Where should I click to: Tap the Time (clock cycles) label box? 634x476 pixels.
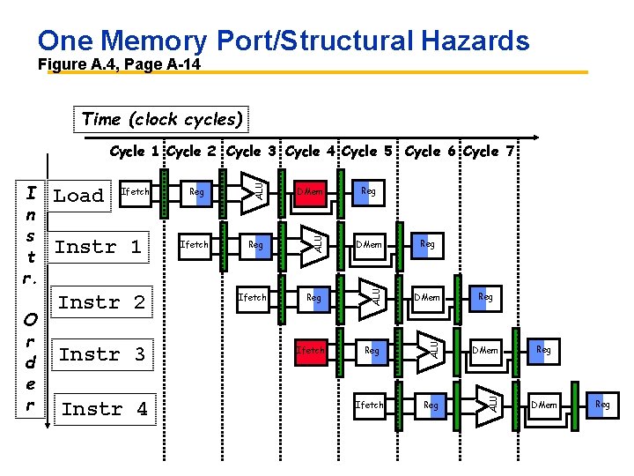click(x=161, y=119)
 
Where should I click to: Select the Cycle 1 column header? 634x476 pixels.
click(x=136, y=152)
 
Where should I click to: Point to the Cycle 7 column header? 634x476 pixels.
click(x=493, y=152)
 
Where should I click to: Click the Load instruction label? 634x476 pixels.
click(x=78, y=196)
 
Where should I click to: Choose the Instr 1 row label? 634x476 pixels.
click(x=98, y=247)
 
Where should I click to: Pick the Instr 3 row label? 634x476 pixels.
click(x=101, y=354)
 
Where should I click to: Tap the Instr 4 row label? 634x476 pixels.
click(x=104, y=409)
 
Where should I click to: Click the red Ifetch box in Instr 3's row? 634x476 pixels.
click(x=311, y=350)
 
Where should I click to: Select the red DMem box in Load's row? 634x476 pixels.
click(x=311, y=191)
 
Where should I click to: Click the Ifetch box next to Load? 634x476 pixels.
click(x=135, y=191)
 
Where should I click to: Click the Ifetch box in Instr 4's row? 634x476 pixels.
click(x=369, y=405)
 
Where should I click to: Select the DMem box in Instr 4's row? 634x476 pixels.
click(x=543, y=405)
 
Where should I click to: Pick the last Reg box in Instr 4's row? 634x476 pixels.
click(x=602, y=405)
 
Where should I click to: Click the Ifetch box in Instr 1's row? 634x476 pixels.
click(x=194, y=244)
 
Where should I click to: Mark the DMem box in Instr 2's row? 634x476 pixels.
click(x=427, y=298)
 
